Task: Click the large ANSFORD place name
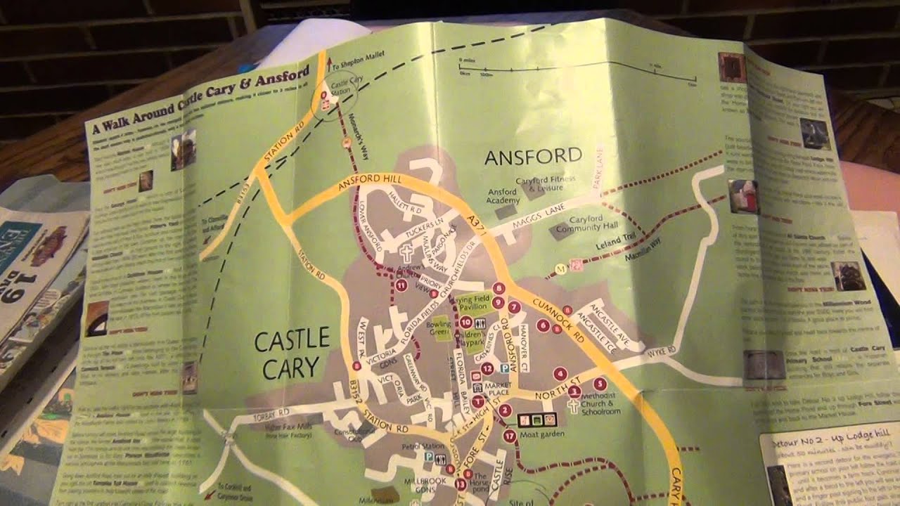click(x=533, y=156)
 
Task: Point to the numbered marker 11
click(x=401, y=285)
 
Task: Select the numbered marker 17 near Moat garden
click(x=510, y=436)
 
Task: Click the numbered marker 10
click(x=465, y=322)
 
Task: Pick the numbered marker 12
click(x=487, y=368)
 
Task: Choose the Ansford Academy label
click(x=503, y=196)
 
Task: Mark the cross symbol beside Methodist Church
click(x=573, y=406)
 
